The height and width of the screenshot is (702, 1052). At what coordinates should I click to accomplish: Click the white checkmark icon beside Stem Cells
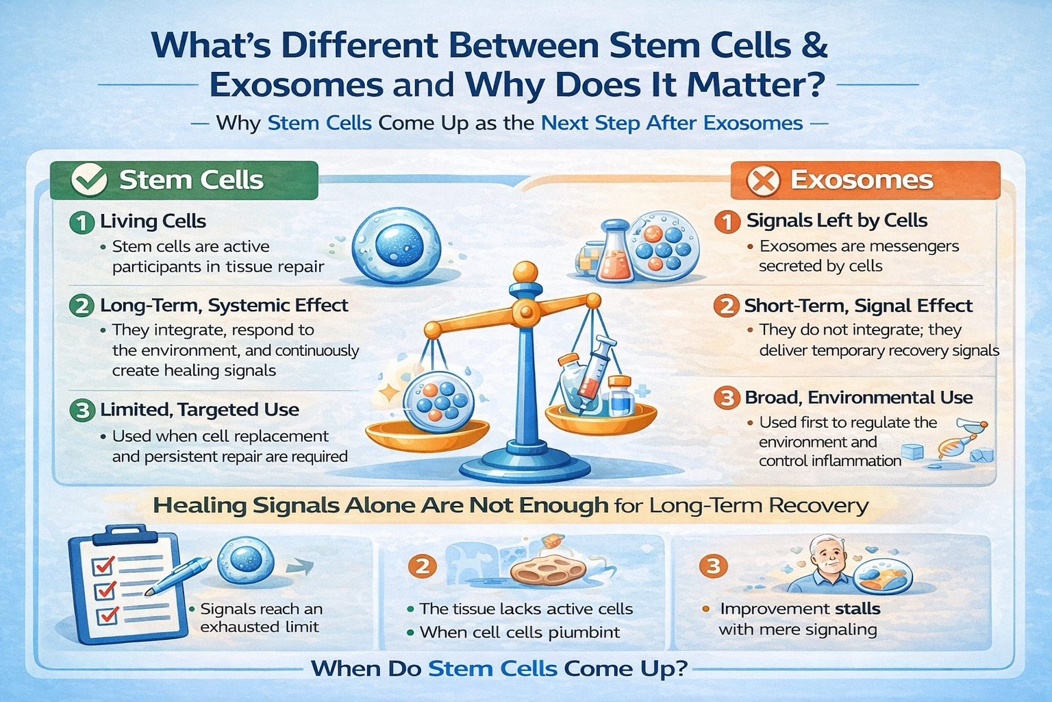[89, 180]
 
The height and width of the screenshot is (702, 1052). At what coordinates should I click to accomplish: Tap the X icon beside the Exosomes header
[763, 180]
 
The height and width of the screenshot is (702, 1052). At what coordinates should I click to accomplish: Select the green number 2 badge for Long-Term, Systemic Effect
[82, 306]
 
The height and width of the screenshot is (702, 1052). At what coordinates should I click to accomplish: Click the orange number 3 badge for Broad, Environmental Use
[727, 398]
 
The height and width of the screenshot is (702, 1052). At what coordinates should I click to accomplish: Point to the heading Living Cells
[153, 221]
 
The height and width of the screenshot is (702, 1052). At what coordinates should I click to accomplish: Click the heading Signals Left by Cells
[837, 221]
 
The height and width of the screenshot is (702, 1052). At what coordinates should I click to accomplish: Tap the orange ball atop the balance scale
[525, 271]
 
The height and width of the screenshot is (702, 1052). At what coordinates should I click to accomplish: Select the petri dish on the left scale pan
[438, 402]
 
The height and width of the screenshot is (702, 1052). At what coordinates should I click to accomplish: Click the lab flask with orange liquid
[615, 252]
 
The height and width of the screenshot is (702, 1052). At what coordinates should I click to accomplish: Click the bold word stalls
[857, 609]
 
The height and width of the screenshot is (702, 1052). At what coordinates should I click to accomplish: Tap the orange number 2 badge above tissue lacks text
[422, 566]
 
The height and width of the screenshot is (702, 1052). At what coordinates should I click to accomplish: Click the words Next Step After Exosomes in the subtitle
[672, 123]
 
